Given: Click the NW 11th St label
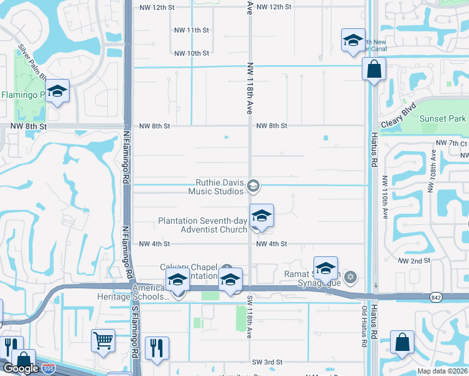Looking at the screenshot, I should click(x=191, y=30).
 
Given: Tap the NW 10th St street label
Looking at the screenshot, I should click(x=191, y=53).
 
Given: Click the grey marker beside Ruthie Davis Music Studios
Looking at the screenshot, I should click(x=253, y=185).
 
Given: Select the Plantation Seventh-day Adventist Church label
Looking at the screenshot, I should click(x=203, y=225).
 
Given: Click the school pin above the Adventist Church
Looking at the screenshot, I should click(x=261, y=216).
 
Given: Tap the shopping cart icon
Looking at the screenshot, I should click(x=103, y=340).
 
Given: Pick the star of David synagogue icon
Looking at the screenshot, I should click(x=350, y=276).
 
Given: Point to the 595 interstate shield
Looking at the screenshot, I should click(x=48, y=370).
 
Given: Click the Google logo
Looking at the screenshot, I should click(x=21, y=368).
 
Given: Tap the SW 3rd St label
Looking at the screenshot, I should click(x=268, y=362).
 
